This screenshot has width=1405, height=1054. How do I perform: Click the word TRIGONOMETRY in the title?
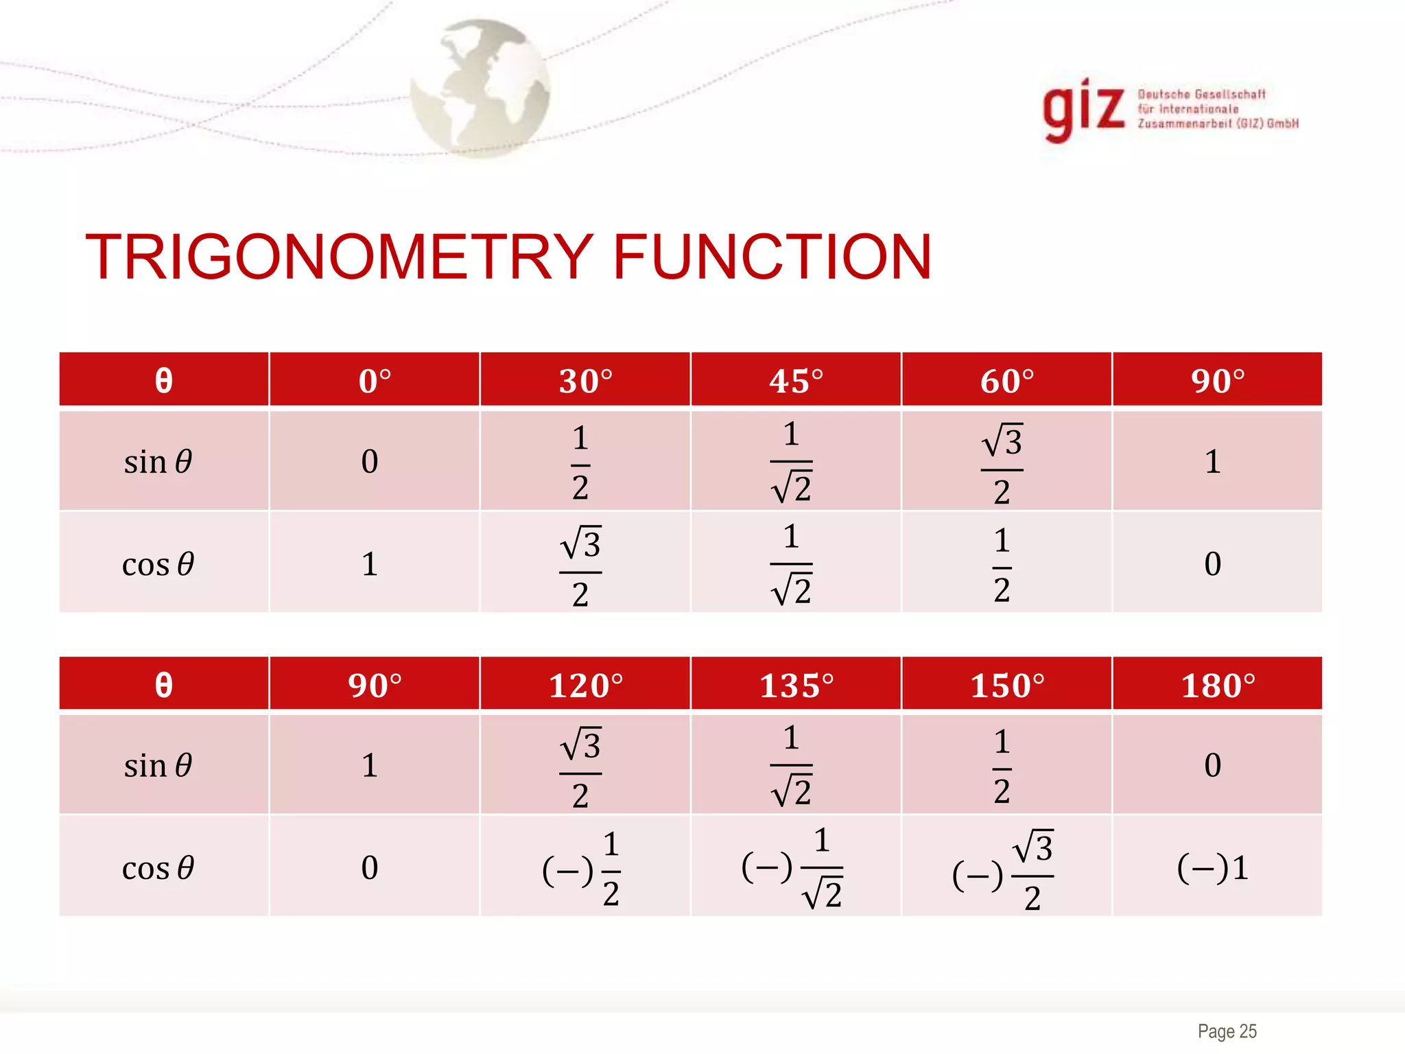pos(338,257)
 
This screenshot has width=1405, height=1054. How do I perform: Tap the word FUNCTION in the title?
pos(772,257)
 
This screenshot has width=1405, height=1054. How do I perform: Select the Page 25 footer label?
pos(1227,1031)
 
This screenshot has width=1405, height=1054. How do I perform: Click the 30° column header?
pos(585,381)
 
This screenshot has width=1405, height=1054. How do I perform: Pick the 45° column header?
pos(796,381)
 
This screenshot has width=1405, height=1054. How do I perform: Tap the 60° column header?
pos(1006,381)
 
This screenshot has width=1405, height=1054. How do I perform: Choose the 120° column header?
pos(585,686)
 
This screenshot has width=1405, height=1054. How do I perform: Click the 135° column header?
pos(796,686)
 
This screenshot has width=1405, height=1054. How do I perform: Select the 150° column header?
pos(1006,686)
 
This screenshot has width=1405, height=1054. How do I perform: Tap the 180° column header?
pos(1218,686)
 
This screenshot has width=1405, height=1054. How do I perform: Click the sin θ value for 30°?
pos(580,462)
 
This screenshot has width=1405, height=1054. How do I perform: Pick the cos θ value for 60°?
pos(1002,564)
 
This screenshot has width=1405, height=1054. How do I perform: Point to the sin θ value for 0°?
pos(370,462)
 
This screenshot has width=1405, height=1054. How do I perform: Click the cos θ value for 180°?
pos(1213,868)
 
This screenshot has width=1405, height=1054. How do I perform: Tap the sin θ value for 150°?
pos(1002,766)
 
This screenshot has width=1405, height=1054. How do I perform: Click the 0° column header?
pos(375,381)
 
